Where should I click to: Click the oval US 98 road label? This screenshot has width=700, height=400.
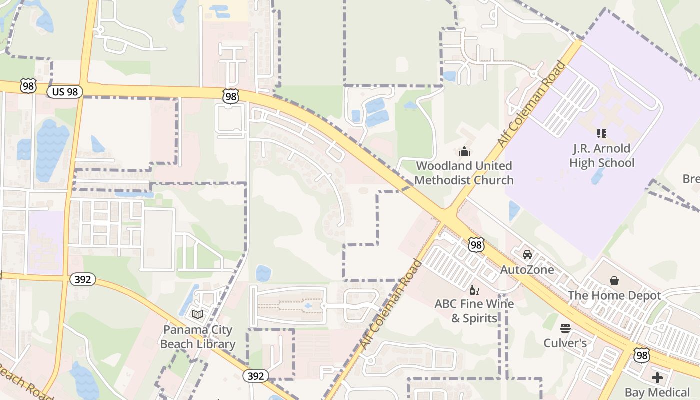(x=65, y=92)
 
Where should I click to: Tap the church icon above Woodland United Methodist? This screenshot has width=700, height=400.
(x=464, y=151)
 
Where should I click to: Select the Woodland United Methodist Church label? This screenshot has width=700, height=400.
(x=464, y=173)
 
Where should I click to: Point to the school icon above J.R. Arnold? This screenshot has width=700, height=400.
(x=602, y=134)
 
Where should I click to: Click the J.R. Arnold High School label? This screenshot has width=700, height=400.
(x=602, y=156)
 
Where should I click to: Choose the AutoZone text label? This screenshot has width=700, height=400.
(x=527, y=270)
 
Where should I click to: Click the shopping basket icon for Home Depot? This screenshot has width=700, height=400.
(x=614, y=281)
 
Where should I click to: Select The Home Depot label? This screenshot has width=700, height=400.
(x=614, y=295)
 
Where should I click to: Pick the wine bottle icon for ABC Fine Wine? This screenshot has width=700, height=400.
(x=473, y=290)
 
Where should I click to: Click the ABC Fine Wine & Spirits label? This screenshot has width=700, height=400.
(x=474, y=311)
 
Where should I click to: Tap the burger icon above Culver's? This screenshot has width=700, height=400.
(x=565, y=328)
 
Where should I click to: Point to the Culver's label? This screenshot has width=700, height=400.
(x=565, y=343)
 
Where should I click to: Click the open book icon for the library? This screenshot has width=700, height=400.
(x=198, y=314)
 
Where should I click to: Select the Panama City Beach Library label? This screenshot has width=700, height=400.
(x=198, y=337)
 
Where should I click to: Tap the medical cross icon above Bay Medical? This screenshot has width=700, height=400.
(x=657, y=378)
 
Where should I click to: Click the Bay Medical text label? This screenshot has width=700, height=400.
(x=657, y=392)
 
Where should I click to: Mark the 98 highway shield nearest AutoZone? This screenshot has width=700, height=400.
(x=476, y=245)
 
